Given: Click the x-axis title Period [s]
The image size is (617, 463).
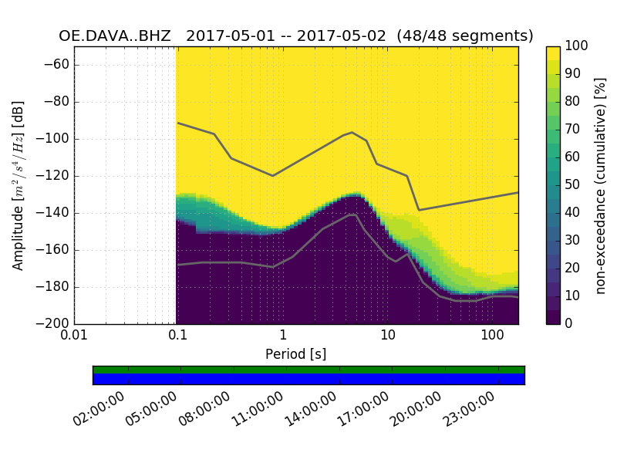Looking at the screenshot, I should (x=295, y=354).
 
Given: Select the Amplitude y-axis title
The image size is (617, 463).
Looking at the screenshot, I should (x=19, y=185).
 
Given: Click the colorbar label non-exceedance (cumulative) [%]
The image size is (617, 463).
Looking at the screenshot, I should (x=602, y=185).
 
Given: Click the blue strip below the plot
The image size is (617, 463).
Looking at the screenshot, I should (x=308, y=379).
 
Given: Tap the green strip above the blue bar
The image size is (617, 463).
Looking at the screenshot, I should (x=308, y=370).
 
